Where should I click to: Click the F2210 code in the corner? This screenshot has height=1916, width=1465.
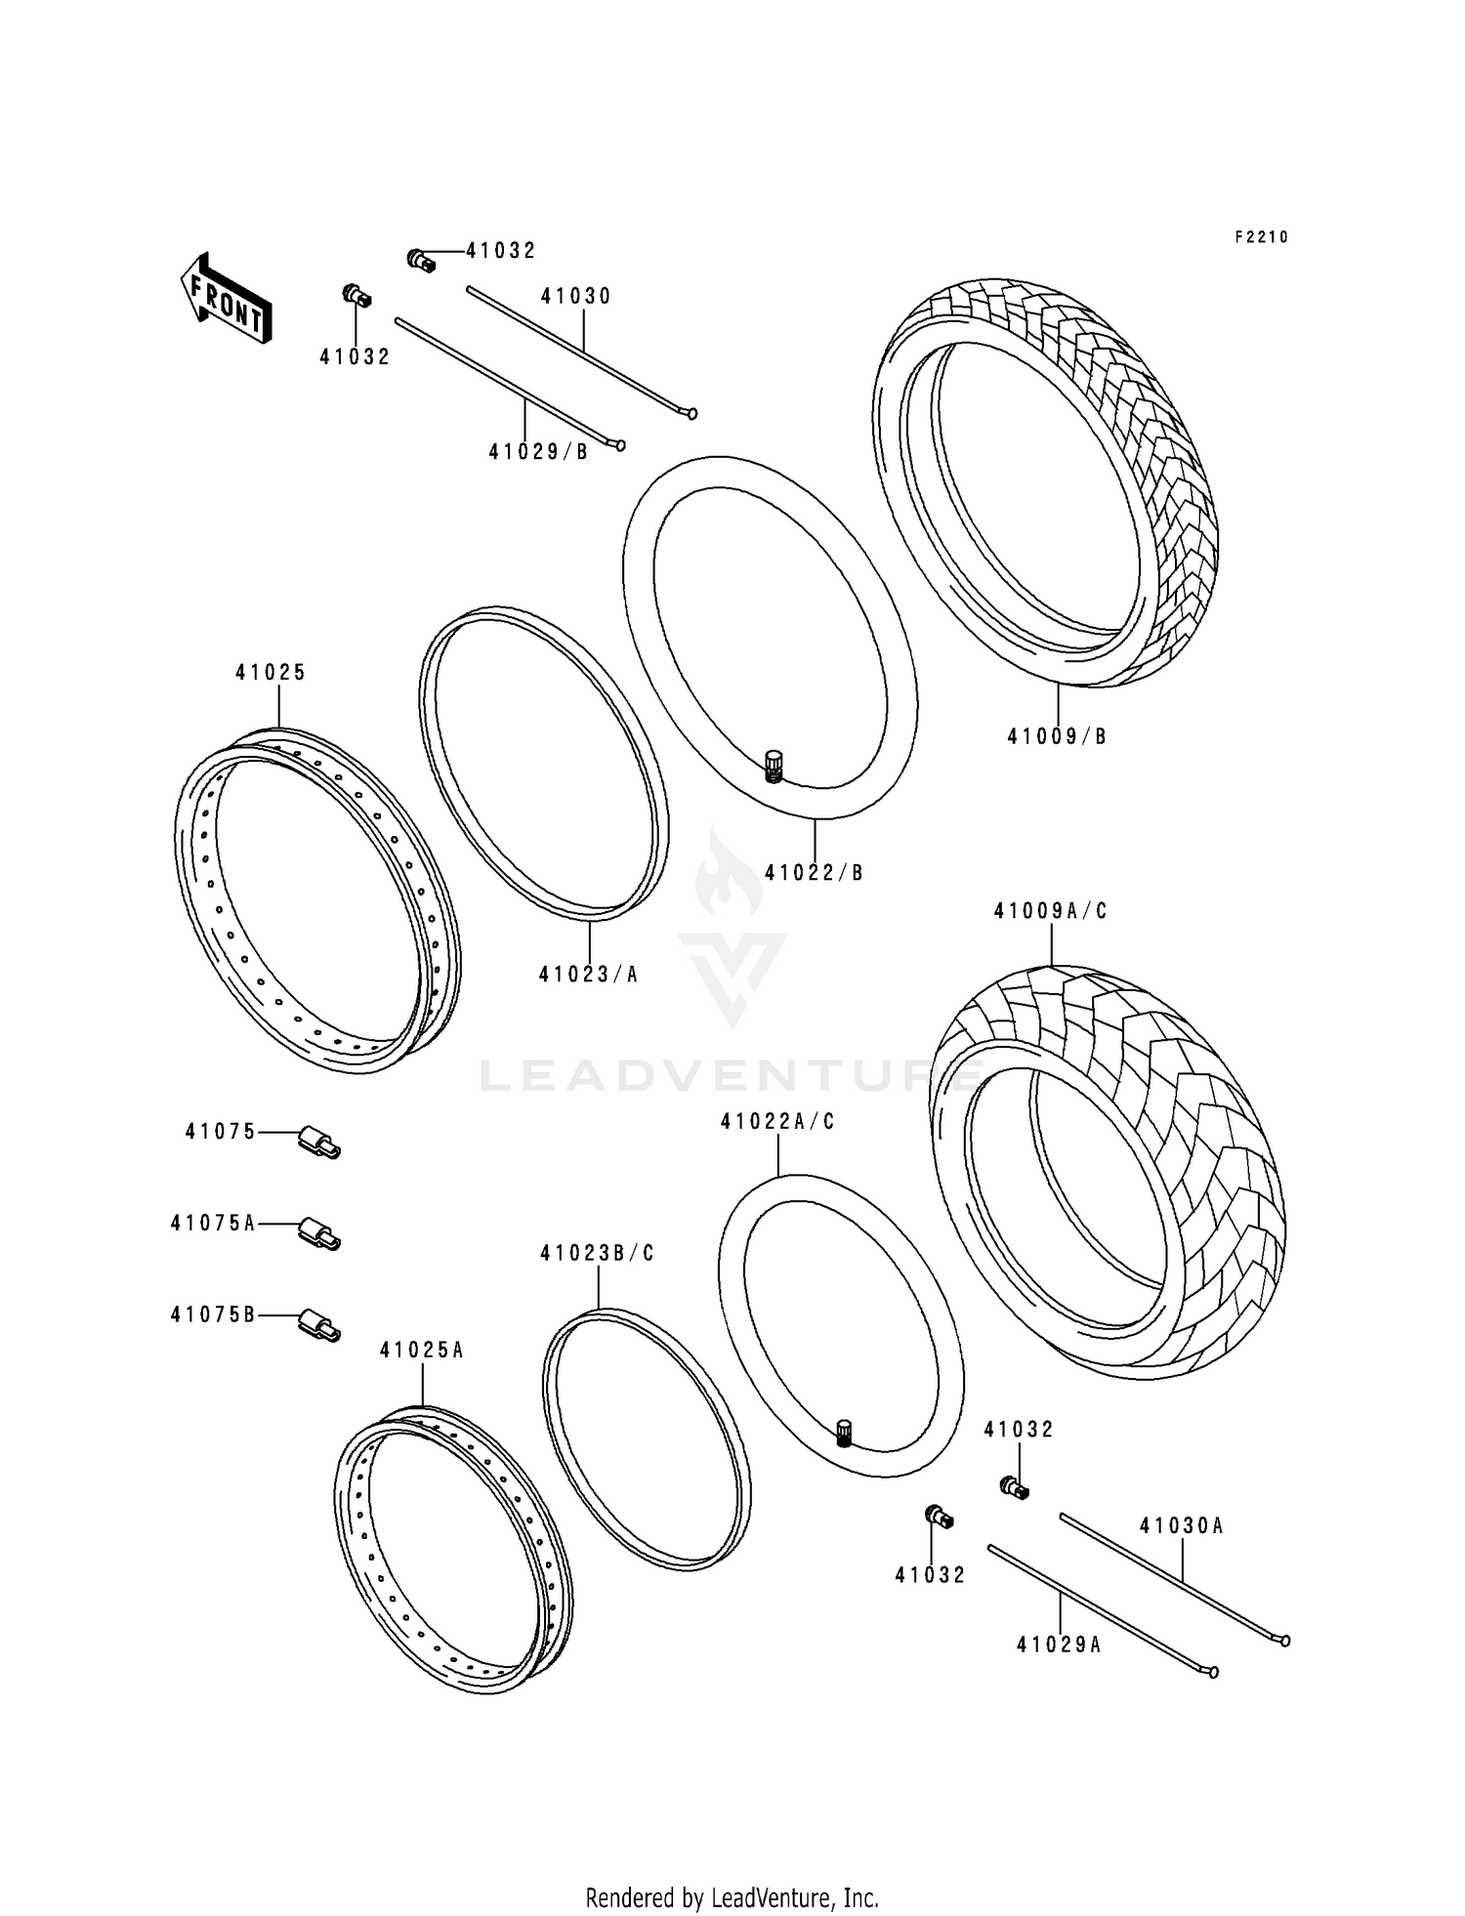coord(1261,237)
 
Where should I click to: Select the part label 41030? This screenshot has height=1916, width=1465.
coord(576,297)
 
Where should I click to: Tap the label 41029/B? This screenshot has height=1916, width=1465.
coord(538,452)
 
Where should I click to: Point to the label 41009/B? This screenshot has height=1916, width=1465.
coord(1057,737)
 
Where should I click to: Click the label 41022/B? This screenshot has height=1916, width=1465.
coord(814,873)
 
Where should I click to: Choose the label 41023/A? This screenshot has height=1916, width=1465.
coord(588,975)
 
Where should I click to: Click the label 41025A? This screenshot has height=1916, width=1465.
coord(422,1351)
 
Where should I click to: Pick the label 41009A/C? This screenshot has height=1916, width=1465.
coord(1051,911)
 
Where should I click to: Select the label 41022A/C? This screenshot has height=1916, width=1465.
coord(777,1122)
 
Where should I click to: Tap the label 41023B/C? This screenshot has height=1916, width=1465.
coord(597,1253)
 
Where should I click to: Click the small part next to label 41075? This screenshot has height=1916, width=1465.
coord(319,1142)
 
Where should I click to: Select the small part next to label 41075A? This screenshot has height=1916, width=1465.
coord(319,1233)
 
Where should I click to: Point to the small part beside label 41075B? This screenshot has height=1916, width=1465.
coord(319,1325)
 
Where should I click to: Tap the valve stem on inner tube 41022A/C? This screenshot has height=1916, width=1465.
coord(845,1433)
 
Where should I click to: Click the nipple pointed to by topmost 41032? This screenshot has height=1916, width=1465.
coord(420,260)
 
